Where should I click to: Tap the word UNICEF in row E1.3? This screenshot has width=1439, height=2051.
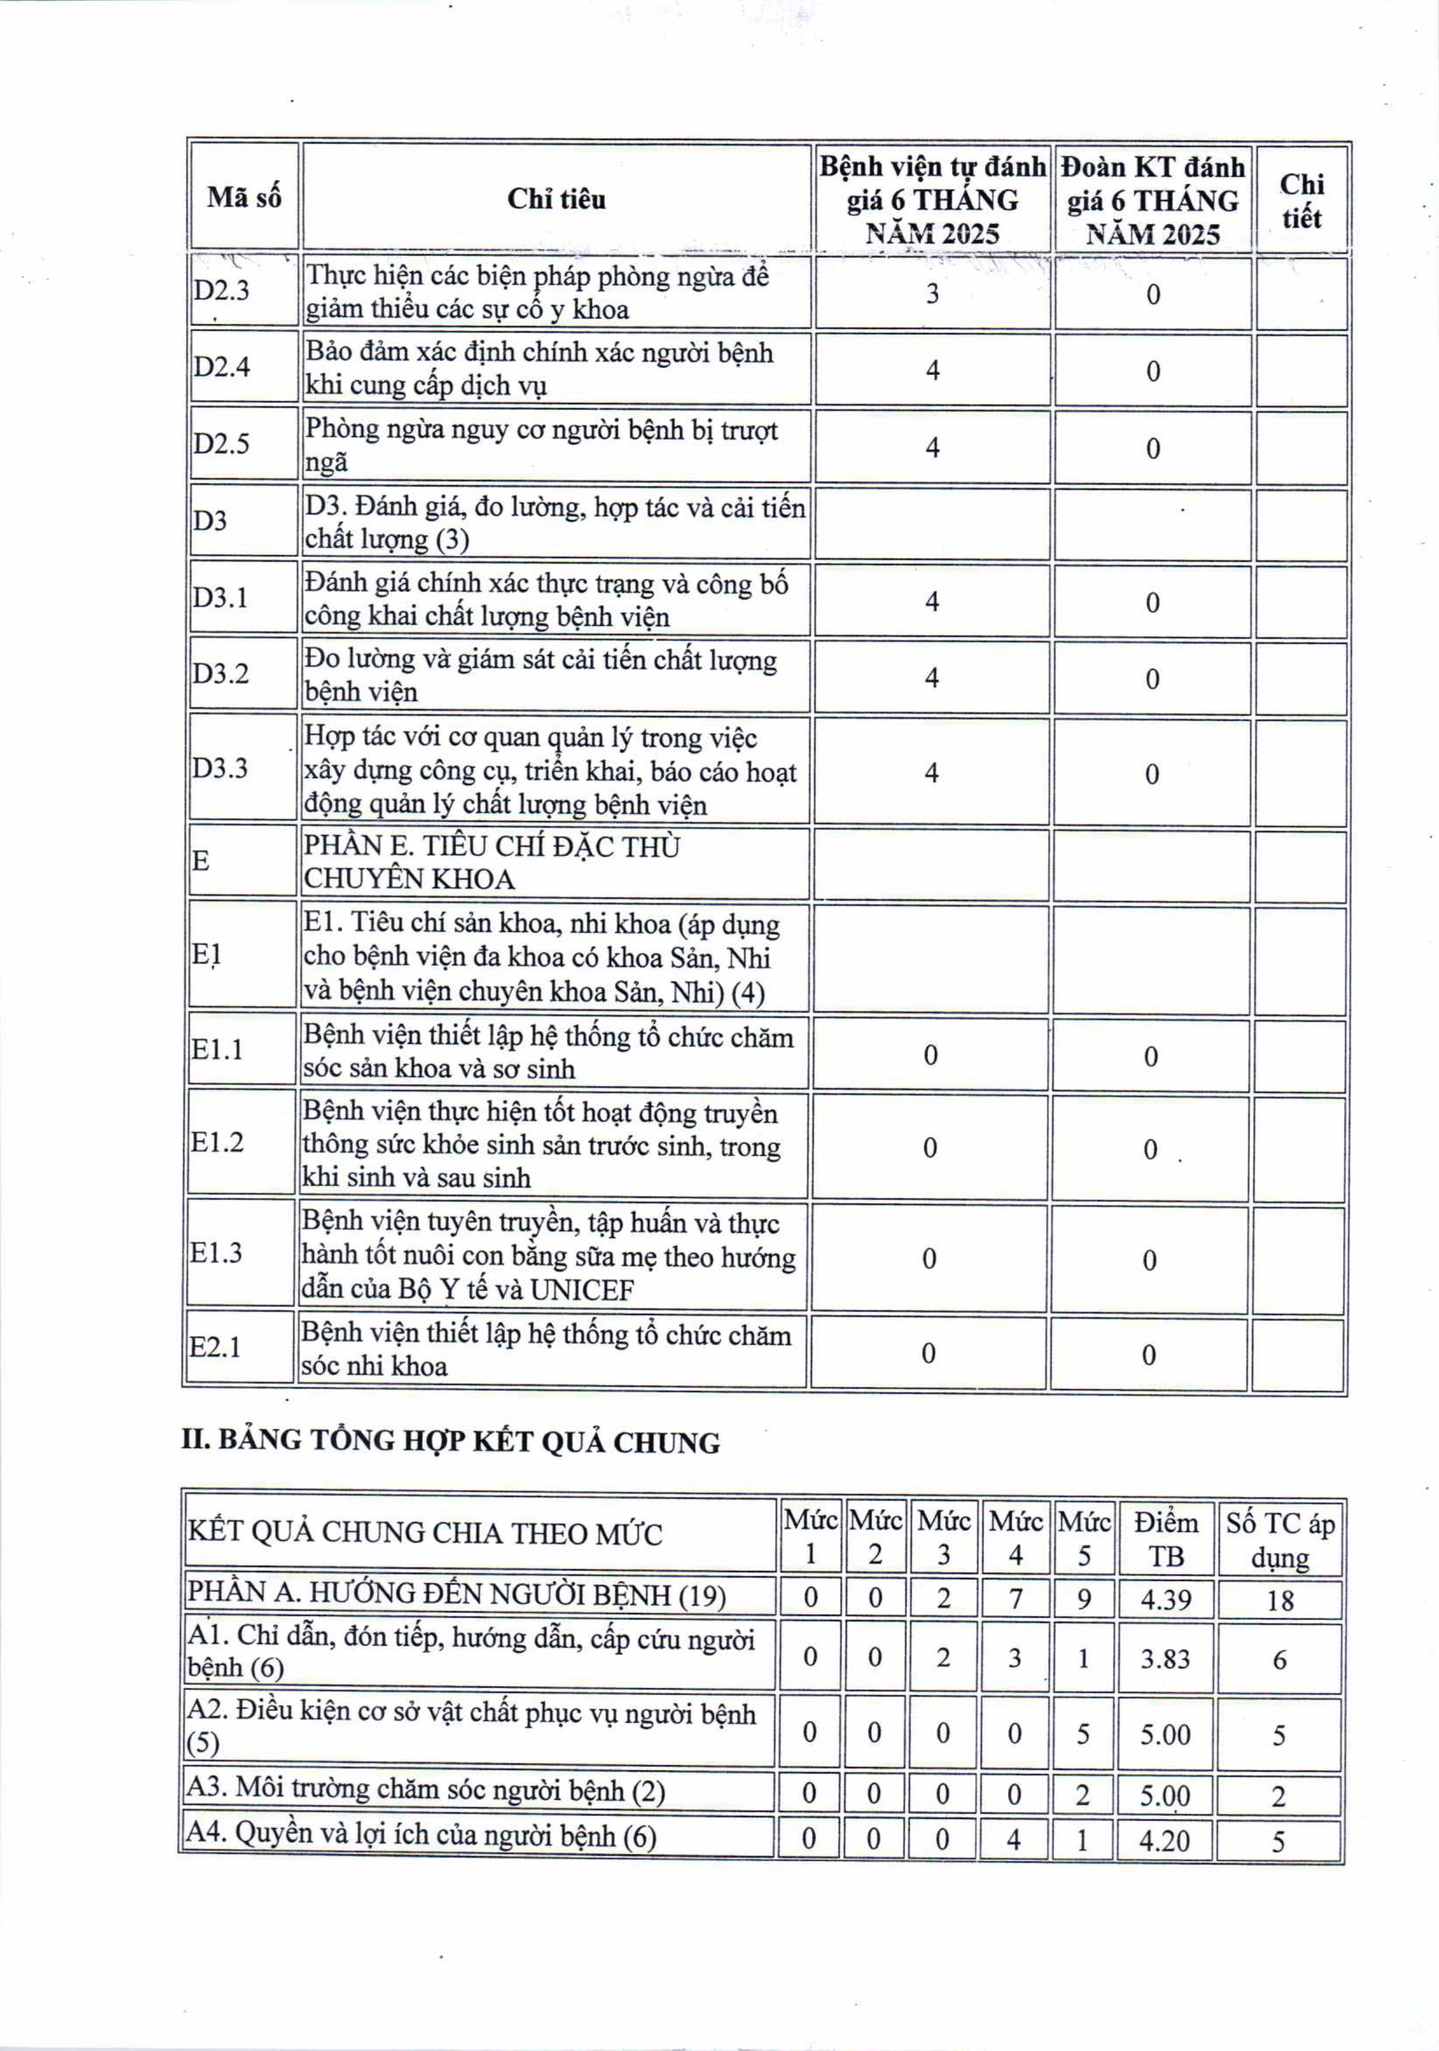tap(582, 1291)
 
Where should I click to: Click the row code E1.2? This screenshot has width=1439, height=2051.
tap(216, 1142)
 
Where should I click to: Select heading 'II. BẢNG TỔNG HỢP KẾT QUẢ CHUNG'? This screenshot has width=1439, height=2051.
tap(450, 1442)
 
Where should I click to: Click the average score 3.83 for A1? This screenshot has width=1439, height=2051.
tap(1165, 1659)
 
